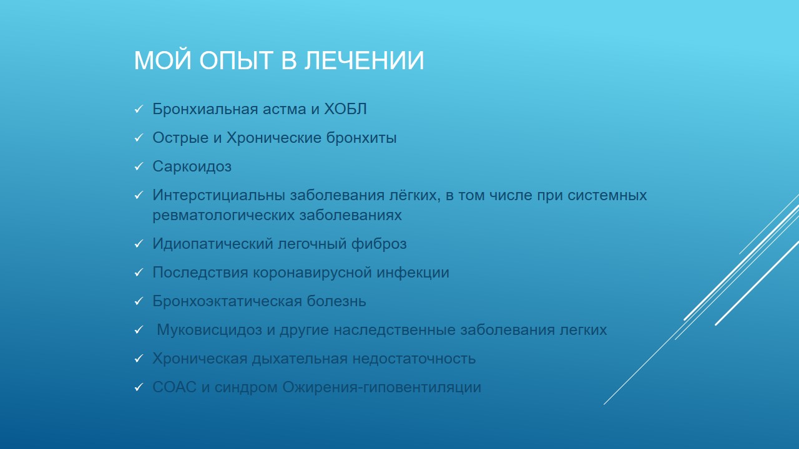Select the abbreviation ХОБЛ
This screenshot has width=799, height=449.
tap(345, 109)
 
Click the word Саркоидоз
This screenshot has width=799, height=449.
tap(192, 167)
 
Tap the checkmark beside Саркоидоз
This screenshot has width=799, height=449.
tap(139, 167)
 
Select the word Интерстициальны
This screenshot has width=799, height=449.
tap(219, 195)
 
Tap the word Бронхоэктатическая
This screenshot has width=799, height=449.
tap(227, 301)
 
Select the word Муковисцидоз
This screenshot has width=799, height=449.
tap(209, 330)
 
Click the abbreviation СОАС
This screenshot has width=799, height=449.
tap(174, 387)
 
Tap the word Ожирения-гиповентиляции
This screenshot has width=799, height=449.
tap(381, 387)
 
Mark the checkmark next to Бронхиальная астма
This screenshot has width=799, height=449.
tap(139, 110)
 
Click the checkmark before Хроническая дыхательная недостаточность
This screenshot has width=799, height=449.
tap(139, 359)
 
